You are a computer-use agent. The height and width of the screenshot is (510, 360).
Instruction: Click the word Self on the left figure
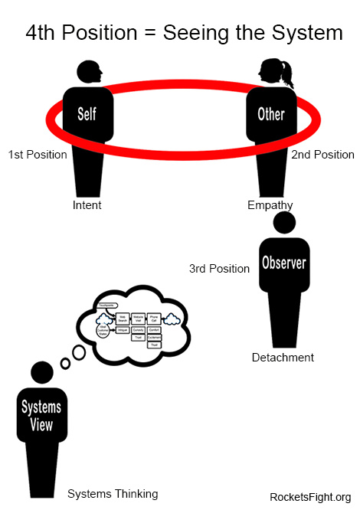[x=87, y=114]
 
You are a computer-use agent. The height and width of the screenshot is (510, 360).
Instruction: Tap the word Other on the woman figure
[x=270, y=114]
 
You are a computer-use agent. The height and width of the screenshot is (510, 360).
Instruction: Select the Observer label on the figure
[x=284, y=263]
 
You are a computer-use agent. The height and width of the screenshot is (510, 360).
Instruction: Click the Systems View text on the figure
[x=41, y=415]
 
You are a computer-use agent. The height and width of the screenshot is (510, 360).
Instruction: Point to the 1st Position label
[x=38, y=155]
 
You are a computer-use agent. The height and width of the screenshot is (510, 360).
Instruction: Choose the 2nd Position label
[x=322, y=155]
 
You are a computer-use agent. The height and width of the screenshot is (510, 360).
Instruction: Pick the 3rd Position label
[x=219, y=269]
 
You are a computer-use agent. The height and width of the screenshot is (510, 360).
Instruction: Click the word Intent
[x=87, y=205]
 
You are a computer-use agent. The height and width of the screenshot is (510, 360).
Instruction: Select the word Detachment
[x=283, y=358]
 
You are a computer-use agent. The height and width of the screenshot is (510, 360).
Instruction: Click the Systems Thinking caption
[x=113, y=494]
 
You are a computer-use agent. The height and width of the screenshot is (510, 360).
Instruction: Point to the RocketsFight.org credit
[x=310, y=497]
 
